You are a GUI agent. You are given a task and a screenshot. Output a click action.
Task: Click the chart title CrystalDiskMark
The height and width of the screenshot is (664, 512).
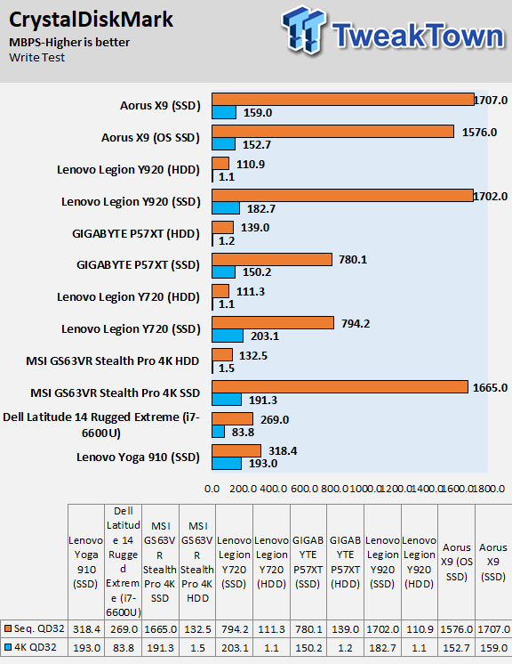(x=91, y=20)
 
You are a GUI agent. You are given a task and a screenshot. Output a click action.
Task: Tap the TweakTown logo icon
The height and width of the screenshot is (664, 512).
(x=304, y=29)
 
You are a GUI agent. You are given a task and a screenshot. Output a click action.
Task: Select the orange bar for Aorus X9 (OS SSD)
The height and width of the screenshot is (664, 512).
(x=332, y=131)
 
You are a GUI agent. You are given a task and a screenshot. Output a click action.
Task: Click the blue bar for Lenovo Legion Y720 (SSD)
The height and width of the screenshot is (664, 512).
(x=228, y=336)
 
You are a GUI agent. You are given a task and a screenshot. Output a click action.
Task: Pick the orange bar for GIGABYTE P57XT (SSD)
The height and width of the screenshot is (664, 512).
(x=272, y=260)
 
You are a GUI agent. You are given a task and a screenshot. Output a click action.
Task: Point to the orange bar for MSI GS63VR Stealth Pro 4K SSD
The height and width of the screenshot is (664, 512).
(x=340, y=387)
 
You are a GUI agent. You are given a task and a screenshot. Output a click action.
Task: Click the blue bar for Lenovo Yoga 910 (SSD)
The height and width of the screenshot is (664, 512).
(x=227, y=463)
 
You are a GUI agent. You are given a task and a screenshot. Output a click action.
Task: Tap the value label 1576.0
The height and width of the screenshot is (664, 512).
(x=479, y=133)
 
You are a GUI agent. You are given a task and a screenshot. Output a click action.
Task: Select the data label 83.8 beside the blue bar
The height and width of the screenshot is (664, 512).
(x=243, y=433)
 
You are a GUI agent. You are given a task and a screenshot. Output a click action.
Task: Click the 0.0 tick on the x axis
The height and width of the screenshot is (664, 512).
(x=212, y=489)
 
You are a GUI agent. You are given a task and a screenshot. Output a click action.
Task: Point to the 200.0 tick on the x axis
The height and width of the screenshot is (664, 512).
(x=243, y=489)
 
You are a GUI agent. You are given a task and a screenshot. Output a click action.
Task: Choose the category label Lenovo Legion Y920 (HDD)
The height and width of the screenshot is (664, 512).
(x=128, y=170)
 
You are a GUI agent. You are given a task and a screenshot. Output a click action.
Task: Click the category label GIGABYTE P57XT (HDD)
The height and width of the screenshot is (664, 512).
(x=136, y=234)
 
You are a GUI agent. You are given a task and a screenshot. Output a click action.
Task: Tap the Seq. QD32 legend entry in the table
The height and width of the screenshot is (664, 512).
(x=35, y=629)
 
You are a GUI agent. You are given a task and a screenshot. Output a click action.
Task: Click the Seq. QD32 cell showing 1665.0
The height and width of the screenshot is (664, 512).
(x=160, y=629)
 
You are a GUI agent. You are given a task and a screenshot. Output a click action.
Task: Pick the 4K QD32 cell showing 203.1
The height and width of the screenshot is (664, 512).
(x=235, y=648)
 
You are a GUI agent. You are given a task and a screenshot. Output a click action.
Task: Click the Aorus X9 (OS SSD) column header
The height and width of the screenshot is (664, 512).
(x=457, y=562)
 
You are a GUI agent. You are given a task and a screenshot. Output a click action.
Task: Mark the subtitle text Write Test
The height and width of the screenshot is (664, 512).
(x=36, y=58)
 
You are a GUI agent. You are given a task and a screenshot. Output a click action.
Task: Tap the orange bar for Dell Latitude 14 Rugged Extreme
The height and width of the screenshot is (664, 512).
(x=233, y=419)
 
